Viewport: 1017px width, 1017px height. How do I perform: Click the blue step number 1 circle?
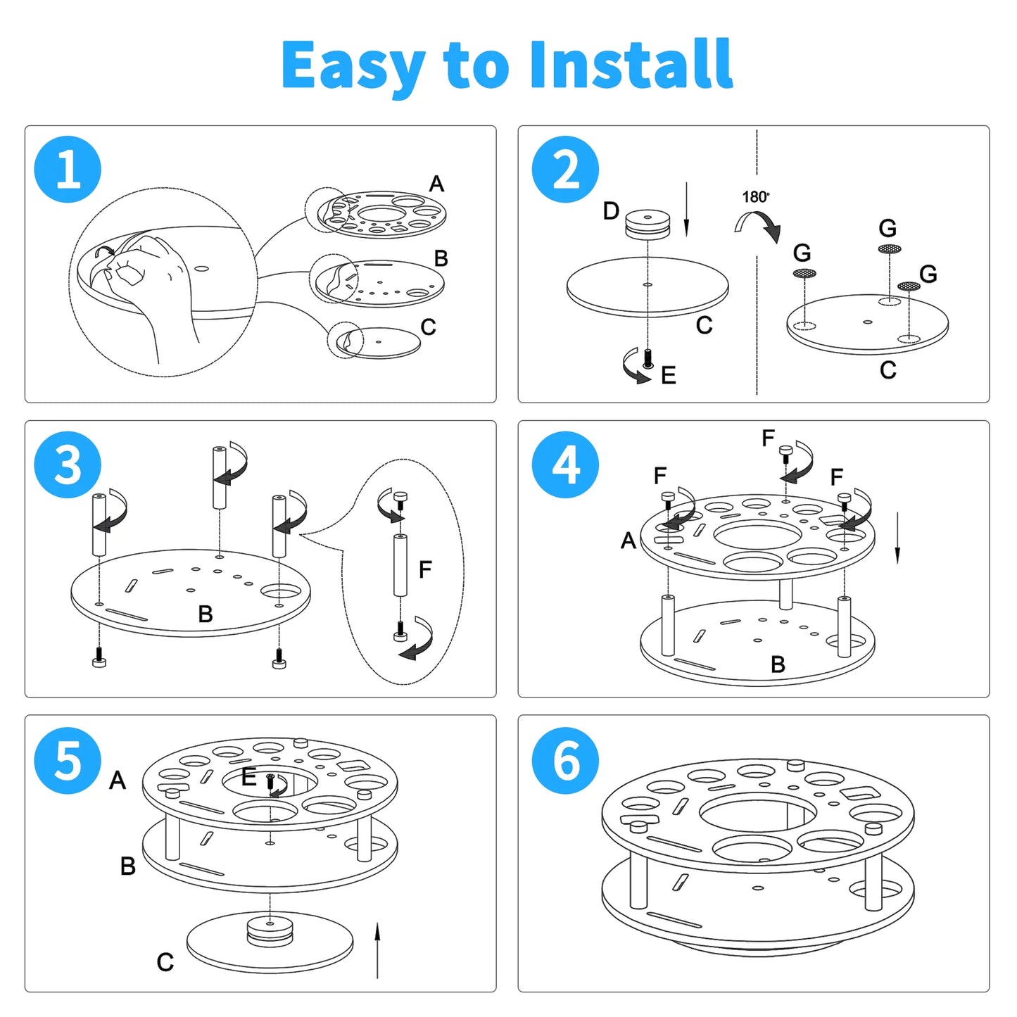click(68, 170)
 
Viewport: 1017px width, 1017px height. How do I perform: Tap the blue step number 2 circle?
click(565, 170)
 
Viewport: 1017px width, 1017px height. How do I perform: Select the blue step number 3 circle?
click(68, 465)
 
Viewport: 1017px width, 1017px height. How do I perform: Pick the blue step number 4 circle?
click(565, 465)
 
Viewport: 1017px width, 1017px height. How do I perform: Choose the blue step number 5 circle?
click(68, 760)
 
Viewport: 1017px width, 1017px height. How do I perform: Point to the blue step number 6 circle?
click(565, 760)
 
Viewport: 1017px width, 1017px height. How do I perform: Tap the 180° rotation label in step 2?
click(756, 197)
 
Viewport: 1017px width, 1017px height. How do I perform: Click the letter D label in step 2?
click(611, 210)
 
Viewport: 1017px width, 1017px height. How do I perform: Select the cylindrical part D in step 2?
click(648, 224)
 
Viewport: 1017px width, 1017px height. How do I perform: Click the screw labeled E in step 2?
click(648, 358)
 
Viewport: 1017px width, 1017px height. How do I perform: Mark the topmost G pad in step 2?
click(890, 248)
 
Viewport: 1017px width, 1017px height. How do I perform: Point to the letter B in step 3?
click(206, 614)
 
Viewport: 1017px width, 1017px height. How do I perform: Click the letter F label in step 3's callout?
click(425, 569)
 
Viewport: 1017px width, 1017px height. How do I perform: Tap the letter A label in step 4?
click(628, 541)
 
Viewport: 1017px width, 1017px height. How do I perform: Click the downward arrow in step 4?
click(897, 538)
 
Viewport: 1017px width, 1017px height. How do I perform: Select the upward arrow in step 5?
click(377, 949)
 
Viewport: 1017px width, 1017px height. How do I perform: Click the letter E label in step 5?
click(248, 777)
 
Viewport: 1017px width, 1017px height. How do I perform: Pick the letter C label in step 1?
click(428, 327)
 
